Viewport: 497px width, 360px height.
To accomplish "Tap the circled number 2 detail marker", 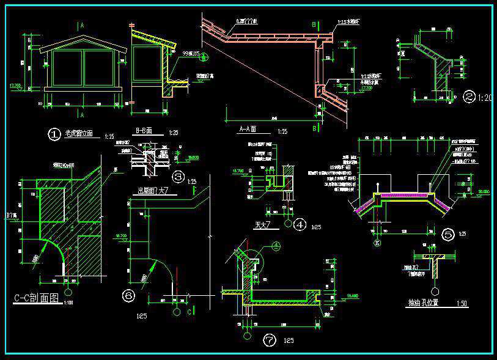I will tap(469, 96).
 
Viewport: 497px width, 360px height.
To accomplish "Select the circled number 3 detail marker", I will tap(179, 178).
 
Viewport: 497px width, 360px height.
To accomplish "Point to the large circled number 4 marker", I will tap(300, 224).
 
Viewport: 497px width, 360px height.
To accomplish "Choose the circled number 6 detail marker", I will tap(128, 296).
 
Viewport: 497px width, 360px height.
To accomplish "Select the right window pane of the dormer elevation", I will tap(99, 67).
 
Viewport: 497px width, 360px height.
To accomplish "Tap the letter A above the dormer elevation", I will tap(81, 26).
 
